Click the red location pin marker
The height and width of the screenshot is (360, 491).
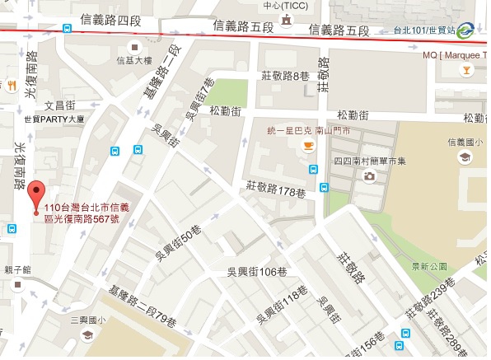pyautogui.click(x=35, y=198)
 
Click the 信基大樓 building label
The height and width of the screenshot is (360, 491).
pyautogui.click(x=134, y=60)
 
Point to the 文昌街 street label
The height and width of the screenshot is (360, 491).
pyautogui.click(x=59, y=105)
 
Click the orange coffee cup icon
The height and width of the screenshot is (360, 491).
pyautogui.click(x=308, y=147)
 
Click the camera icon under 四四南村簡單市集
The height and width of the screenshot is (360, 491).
pyautogui.click(x=370, y=175)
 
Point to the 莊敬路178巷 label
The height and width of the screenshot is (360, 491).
pyautogui.click(x=275, y=193)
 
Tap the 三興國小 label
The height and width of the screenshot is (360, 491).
pyautogui.click(x=89, y=319)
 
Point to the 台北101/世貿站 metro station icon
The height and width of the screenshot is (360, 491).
pyautogui.click(x=465, y=30)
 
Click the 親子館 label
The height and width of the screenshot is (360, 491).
pyautogui.click(x=18, y=269)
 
